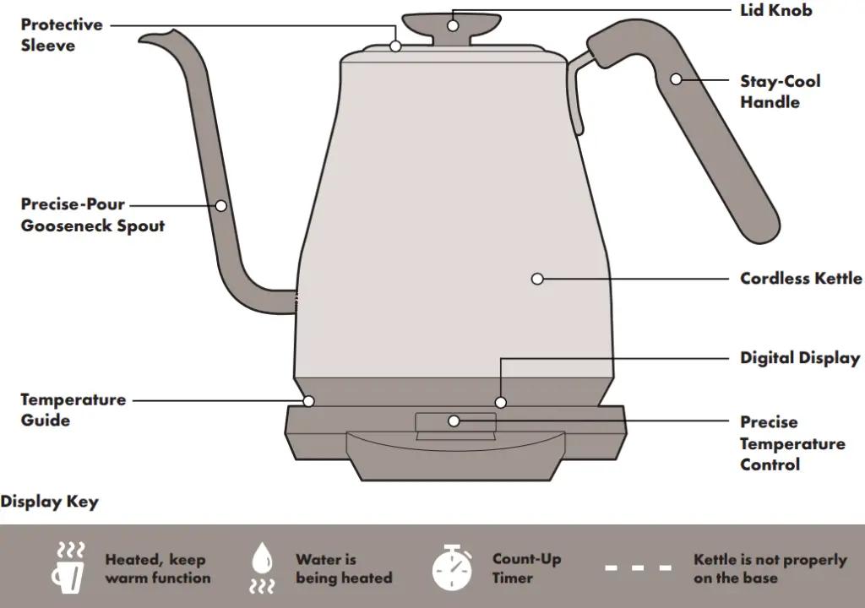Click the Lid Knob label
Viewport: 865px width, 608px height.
(x=775, y=11)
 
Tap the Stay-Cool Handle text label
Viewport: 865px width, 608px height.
(x=780, y=91)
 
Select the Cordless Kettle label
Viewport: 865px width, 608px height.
(x=801, y=278)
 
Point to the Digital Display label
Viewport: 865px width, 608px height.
(x=799, y=358)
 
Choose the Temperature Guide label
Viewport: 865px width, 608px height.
(x=73, y=410)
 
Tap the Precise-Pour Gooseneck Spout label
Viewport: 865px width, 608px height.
(x=92, y=214)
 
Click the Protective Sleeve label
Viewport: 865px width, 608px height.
(x=61, y=35)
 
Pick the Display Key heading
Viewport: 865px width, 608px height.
(x=49, y=502)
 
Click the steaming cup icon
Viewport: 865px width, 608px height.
(x=69, y=567)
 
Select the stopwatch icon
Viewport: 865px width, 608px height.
(x=453, y=567)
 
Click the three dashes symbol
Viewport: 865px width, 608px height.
(x=638, y=567)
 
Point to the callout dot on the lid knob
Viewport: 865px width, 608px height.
(x=453, y=25)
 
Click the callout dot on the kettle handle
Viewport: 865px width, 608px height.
(x=676, y=79)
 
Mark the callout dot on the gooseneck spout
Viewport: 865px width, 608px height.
(x=221, y=204)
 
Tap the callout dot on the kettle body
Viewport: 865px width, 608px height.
(x=537, y=278)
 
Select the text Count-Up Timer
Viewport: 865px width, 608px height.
(x=525, y=568)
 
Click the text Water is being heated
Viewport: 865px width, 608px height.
(x=343, y=568)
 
